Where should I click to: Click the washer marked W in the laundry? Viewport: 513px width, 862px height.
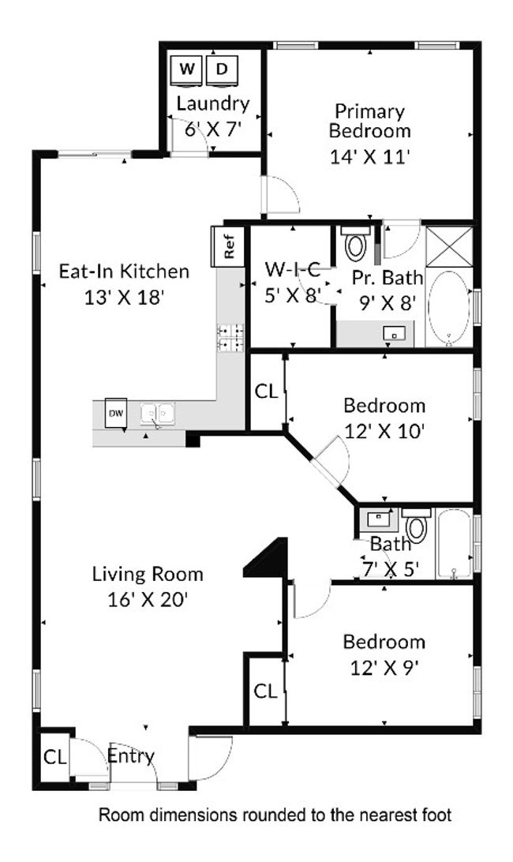point(187,70)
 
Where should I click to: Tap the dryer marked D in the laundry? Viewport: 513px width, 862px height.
point(222,70)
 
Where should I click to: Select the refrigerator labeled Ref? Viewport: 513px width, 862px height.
point(228,246)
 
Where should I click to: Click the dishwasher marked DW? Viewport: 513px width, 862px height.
point(115,413)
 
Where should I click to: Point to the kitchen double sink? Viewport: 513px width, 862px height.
point(157,414)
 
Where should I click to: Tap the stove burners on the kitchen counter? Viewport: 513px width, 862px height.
point(231,338)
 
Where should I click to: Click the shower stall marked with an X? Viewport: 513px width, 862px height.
point(449,245)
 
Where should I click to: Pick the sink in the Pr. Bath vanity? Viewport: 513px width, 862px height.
point(395,333)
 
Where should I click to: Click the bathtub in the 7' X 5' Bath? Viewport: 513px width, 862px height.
point(454,543)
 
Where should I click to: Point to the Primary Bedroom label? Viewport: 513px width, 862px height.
point(369,121)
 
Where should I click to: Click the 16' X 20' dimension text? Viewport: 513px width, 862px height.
point(148,600)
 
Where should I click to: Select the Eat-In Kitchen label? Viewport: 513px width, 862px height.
point(124,272)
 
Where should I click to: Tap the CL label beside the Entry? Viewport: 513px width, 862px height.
point(54,758)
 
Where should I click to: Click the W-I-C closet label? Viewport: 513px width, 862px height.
point(293,269)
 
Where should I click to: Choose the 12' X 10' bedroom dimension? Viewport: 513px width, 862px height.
point(384,432)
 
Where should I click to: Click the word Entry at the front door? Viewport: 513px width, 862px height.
point(131,756)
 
